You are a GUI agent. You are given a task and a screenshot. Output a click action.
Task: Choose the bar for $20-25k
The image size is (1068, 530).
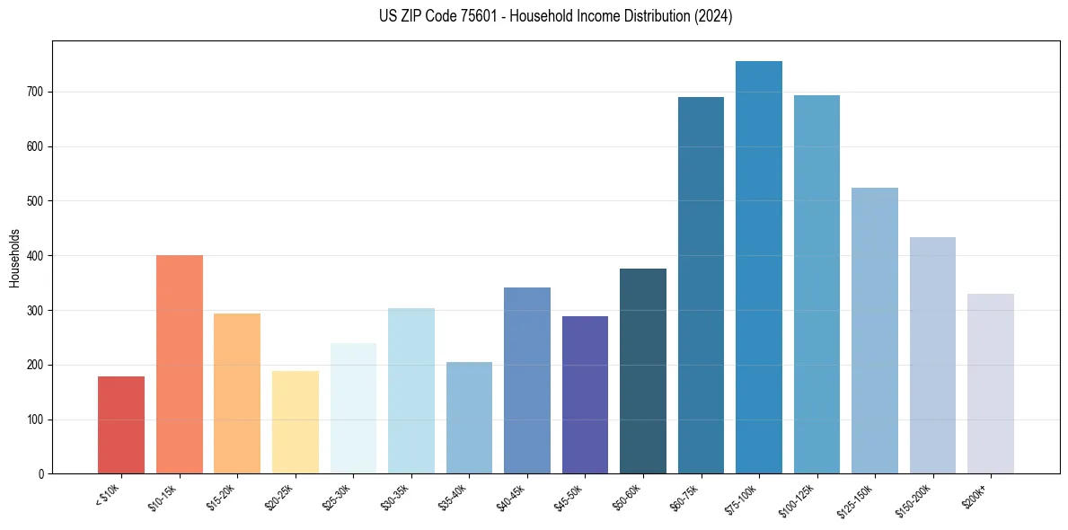click(295, 422)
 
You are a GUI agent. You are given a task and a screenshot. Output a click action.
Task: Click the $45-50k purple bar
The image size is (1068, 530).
click(585, 395)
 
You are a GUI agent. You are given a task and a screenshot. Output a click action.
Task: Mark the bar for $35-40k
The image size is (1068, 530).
click(469, 418)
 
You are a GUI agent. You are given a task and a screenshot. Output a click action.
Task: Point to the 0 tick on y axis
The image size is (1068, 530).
click(41, 474)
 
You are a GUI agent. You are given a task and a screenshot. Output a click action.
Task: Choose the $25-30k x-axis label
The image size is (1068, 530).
click(339, 497)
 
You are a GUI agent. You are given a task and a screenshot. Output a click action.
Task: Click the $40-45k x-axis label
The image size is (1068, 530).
click(512, 497)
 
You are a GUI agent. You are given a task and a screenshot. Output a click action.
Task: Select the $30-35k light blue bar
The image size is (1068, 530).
click(411, 391)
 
